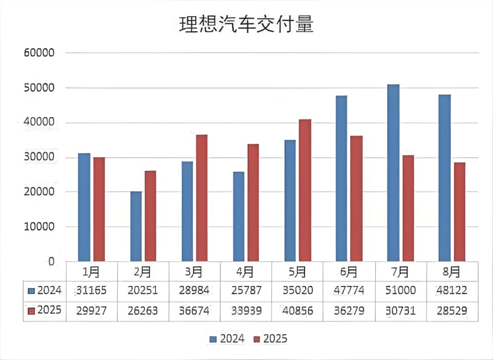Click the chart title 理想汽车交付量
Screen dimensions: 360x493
(246, 25)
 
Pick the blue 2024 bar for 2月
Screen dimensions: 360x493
(136, 226)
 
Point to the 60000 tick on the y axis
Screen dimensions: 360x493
(39, 53)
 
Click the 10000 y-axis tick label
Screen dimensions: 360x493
(39, 227)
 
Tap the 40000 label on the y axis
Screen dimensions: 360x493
(39, 123)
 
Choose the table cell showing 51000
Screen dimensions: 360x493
(400, 291)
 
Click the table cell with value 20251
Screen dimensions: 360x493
(142, 291)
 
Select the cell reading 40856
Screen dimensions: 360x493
(297, 311)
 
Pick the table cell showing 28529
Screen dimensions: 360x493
(451, 311)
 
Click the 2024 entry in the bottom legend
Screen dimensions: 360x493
(227, 339)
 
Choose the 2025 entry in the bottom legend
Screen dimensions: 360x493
(270, 339)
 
